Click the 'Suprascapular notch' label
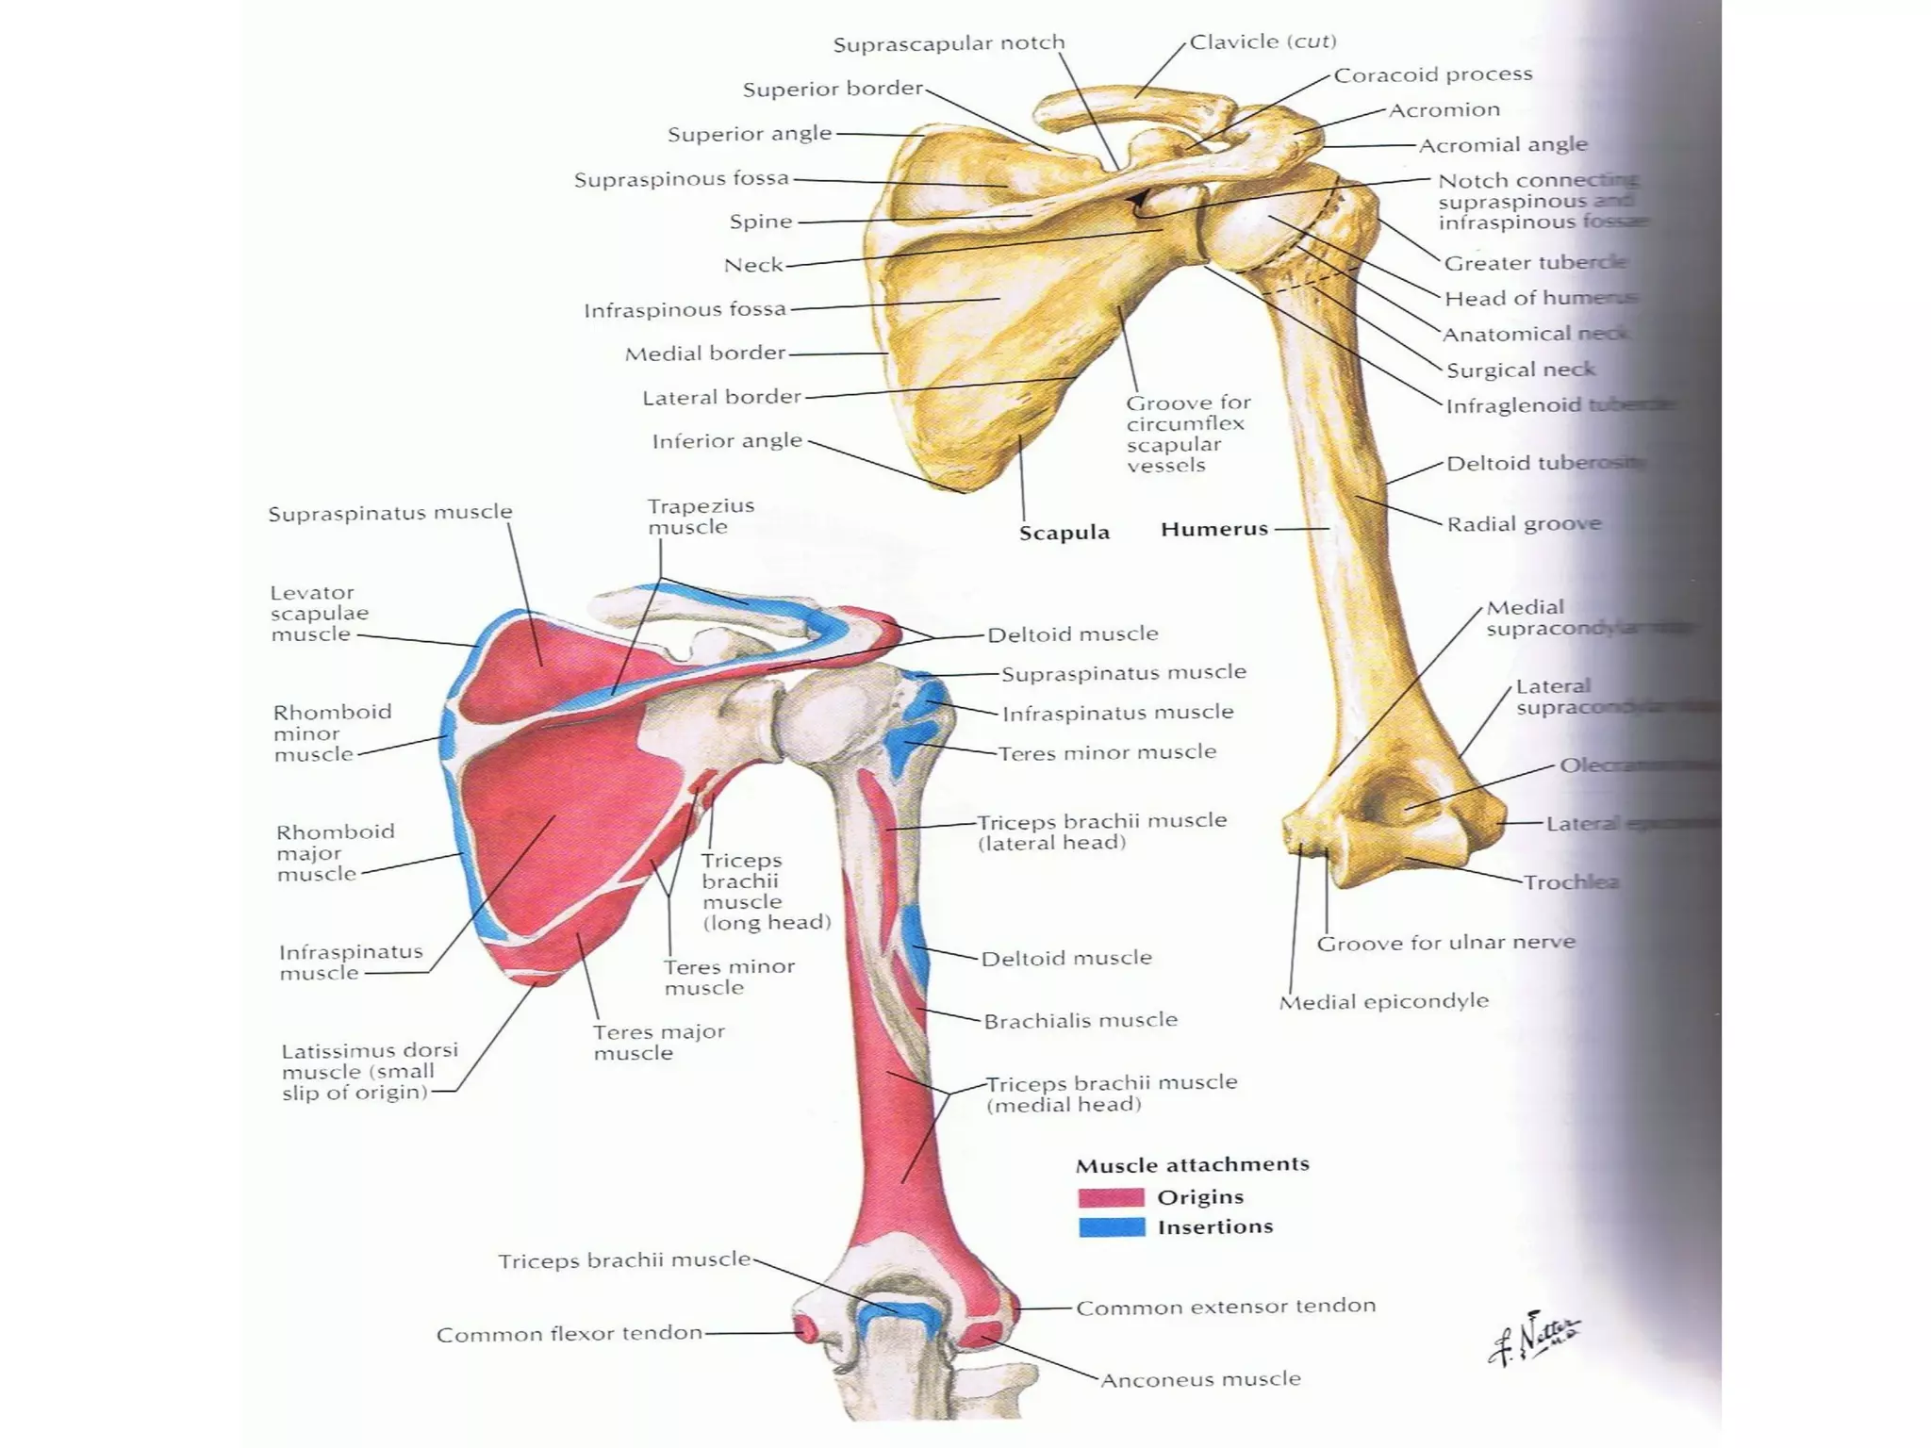point(949,43)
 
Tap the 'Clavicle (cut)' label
point(1263,41)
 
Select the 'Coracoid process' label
point(1432,74)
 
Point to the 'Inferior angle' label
point(727,440)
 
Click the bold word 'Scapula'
point(1064,533)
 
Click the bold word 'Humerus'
point(1214,529)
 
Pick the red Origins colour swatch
point(1112,1197)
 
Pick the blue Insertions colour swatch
point(1112,1227)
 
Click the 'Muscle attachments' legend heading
point(1192,1165)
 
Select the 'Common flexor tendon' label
point(569,1334)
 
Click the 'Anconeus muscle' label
point(1200,1380)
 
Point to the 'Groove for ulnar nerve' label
point(1445,943)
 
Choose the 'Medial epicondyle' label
point(1383,1001)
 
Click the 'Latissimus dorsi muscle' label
point(369,1071)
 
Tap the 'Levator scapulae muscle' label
point(319,613)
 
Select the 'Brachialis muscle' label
point(1081,1020)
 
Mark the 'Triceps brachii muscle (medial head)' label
point(1111,1094)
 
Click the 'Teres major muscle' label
point(658,1042)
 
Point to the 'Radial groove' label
point(1524,524)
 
